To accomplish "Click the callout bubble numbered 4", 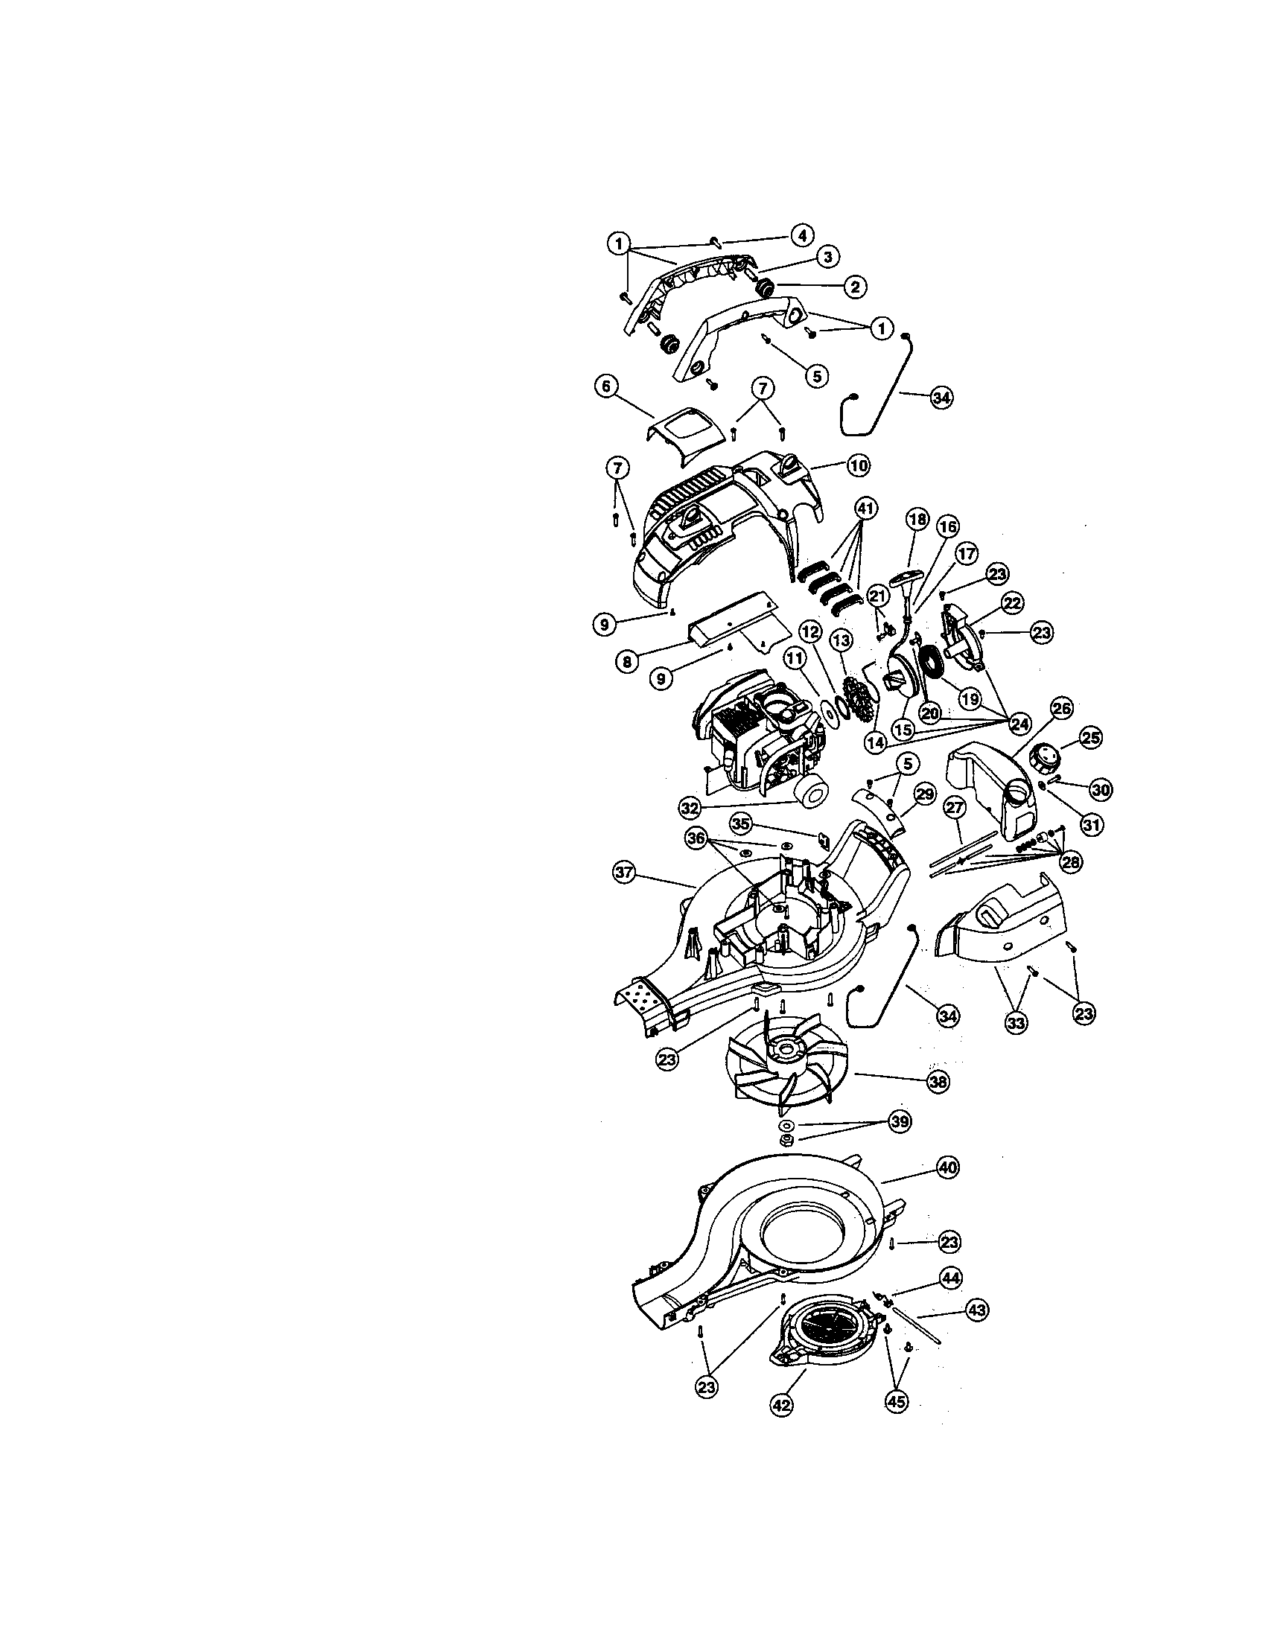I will [801, 235].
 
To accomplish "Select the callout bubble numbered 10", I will [859, 466].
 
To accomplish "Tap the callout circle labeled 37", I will [625, 873].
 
